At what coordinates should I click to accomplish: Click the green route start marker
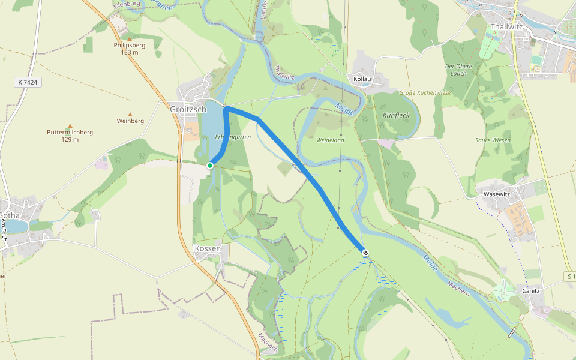(210, 165)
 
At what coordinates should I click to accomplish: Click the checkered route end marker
(365, 253)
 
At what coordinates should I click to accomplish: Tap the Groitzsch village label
(188, 110)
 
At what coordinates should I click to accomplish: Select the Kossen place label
(208, 248)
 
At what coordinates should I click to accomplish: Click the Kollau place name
(362, 79)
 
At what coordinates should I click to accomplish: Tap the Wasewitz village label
(496, 194)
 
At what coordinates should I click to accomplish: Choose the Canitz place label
(531, 291)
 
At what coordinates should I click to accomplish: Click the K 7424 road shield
(28, 82)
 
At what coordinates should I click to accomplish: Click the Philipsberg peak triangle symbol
(129, 39)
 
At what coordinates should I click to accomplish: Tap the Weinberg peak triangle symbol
(130, 114)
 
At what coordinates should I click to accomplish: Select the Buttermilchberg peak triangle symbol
(70, 126)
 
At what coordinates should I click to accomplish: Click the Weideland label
(330, 140)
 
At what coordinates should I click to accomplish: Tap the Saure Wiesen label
(493, 140)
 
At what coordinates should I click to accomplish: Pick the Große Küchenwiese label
(425, 93)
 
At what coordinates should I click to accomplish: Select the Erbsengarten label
(232, 137)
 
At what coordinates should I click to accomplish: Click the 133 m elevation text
(129, 52)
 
